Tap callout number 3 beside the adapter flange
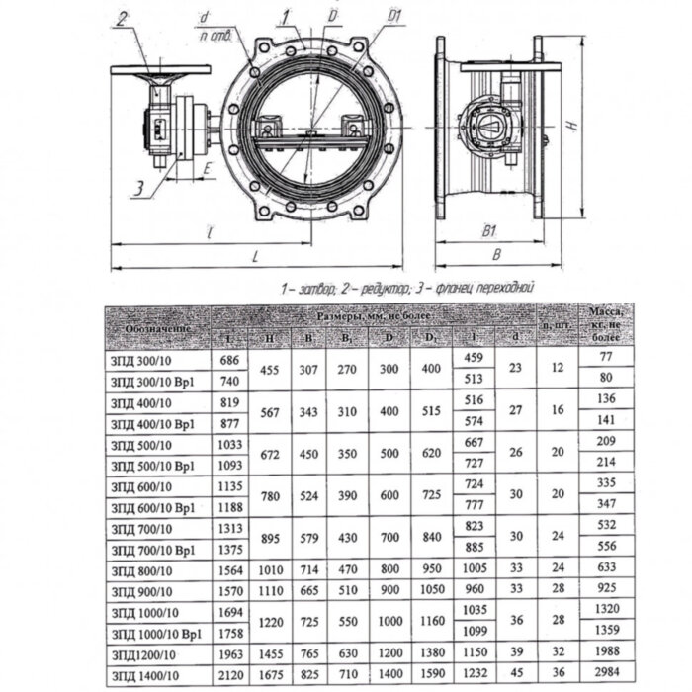pyautogui.click(x=142, y=185)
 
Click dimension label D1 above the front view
pyautogui.click(x=366, y=18)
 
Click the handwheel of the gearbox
pyautogui.click(x=161, y=70)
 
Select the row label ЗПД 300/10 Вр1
pyautogui.click(x=153, y=379)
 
